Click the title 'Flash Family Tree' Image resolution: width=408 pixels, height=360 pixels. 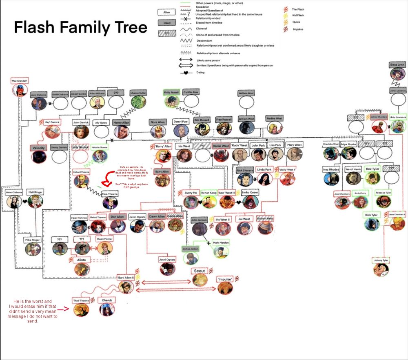pyautogui.click(x=80, y=28)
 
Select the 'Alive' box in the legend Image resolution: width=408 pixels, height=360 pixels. pyautogui.click(x=166, y=12)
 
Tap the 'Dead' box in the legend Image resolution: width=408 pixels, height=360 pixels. pyautogui.click(x=166, y=23)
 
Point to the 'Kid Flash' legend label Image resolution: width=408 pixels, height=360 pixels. pyautogui.click(x=298, y=16)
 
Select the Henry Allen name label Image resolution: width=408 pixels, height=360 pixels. pyautogui.click(x=121, y=122)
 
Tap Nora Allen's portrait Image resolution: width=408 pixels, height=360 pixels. pyautogui.click(x=158, y=131)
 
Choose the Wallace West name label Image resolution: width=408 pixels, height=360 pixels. pyautogui.click(x=246, y=93)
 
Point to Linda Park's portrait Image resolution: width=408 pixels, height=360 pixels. pyautogui.click(x=264, y=178)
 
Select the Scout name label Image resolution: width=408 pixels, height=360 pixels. pyautogui.click(x=200, y=271)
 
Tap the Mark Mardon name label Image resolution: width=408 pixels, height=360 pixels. pyautogui.click(x=221, y=243)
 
